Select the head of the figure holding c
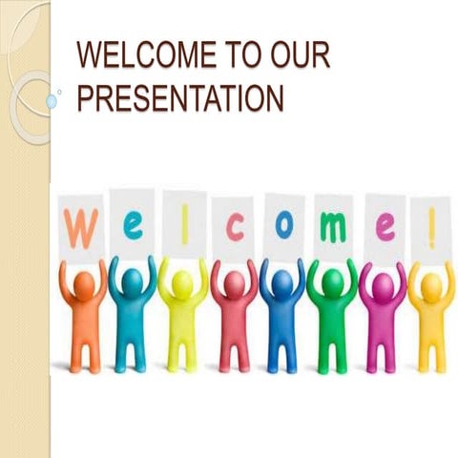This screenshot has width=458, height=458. pos(234,282)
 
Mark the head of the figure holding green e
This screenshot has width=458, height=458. pos(133,281)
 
